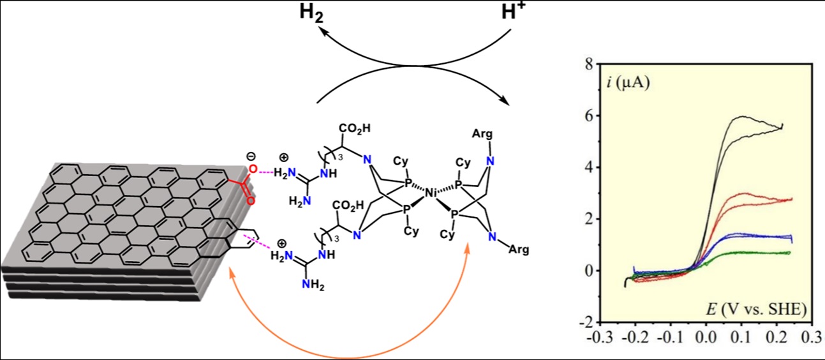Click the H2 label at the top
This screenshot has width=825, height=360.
click(x=311, y=13)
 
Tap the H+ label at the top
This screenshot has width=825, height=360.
click(x=514, y=11)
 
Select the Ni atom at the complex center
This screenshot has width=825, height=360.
click(x=430, y=192)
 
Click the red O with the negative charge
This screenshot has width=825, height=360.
click(x=253, y=169)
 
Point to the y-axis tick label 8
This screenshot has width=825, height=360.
click(x=589, y=64)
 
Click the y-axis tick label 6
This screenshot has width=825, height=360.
click(x=589, y=116)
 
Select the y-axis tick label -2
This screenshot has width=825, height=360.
click(x=587, y=322)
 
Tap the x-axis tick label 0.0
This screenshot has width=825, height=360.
click(x=706, y=337)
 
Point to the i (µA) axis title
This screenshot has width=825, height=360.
click(x=628, y=83)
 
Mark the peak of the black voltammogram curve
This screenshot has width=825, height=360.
click(x=741, y=117)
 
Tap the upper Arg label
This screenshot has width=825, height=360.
click(x=482, y=135)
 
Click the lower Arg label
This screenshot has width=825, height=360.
click(x=519, y=250)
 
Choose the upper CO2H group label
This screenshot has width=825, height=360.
click(x=355, y=128)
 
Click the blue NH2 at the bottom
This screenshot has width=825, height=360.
click(x=313, y=285)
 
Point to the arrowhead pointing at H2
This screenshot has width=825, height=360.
click(x=323, y=33)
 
